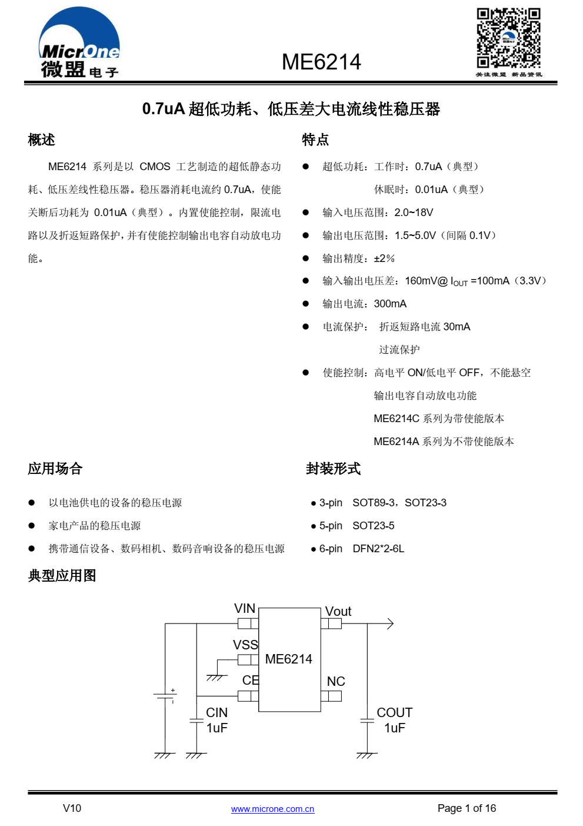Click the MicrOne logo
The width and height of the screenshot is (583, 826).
coord(79,43)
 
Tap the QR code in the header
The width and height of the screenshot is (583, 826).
coord(508,38)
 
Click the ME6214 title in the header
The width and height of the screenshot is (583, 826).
coord(321,62)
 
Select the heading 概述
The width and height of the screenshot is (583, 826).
coord(42,140)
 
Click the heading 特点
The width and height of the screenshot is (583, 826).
coord(315,140)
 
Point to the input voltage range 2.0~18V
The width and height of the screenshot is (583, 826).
coord(414,213)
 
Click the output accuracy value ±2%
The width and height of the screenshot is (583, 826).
coord(384,258)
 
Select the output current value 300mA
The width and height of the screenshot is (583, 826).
coord(390,304)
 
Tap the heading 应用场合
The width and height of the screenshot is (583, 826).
coord(55,469)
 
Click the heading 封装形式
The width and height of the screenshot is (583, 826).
coord(333,469)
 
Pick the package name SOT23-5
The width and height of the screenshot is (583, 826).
coord(374,526)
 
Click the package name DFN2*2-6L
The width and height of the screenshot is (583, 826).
coord(378,549)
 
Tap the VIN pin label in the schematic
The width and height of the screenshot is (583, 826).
coord(245,608)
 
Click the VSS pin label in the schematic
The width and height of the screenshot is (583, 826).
coord(245,645)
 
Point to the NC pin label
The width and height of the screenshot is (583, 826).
coord(336,681)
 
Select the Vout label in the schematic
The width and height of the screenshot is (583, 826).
coord(338,612)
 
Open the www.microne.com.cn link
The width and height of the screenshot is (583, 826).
coord(273,809)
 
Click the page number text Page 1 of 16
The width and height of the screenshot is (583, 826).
coord(467,808)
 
